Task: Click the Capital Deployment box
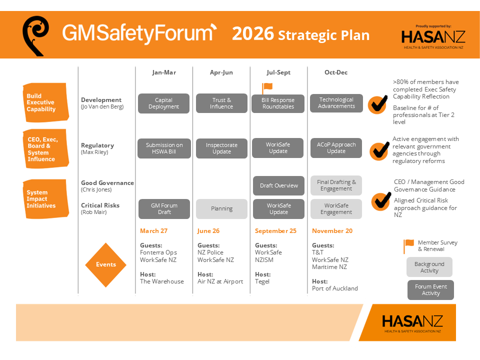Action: pyautogui.click(x=164, y=103)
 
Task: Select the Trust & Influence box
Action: pyautogui.click(x=221, y=103)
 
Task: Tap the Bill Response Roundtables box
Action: pyautogui.click(x=278, y=104)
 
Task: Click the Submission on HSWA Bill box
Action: pyautogui.click(x=164, y=148)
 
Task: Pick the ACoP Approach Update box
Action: pyautogui.click(x=336, y=148)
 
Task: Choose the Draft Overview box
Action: pyautogui.click(x=278, y=185)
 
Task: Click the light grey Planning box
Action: pyautogui.click(x=221, y=209)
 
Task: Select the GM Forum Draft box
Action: pyautogui.click(x=164, y=209)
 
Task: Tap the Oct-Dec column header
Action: pyautogui.click(x=336, y=72)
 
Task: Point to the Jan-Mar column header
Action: pyautogui.click(x=164, y=72)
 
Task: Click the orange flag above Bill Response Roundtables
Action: pyautogui.click(x=267, y=88)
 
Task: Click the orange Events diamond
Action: pyautogui.click(x=106, y=265)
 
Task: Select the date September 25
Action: pyautogui.click(x=275, y=231)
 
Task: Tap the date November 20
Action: pyautogui.click(x=332, y=231)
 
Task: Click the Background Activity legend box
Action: pyautogui.click(x=429, y=267)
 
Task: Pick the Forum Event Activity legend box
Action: pyautogui.click(x=430, y=290)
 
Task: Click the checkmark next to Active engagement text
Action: pyautogui.click(x=379, y=150)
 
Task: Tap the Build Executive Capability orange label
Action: pyautogui.click(x=45, y=102)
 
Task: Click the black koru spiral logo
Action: pyautogui.click(x=35, y=36)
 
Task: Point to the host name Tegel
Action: pyautogui.click(x=262, y=281)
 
